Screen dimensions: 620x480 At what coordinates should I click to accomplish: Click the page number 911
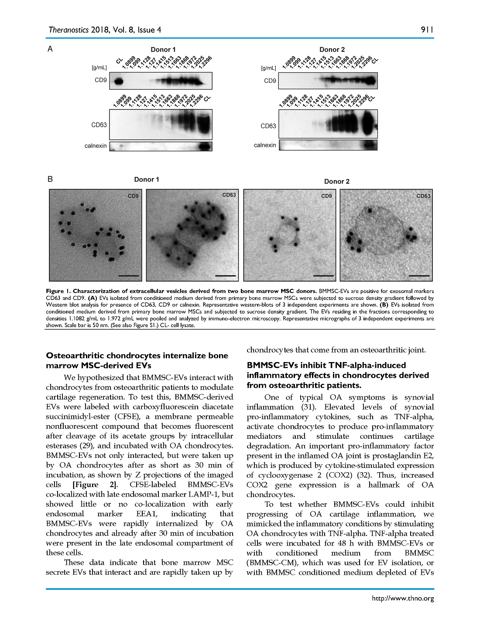coord(427,30)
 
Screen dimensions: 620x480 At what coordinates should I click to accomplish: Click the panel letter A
coord(50,49)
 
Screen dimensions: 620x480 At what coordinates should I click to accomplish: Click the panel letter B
coord(50,179)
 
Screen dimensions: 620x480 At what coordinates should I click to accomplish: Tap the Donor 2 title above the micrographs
coord(336,181)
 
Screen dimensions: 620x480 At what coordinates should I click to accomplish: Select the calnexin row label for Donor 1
coord(96,146)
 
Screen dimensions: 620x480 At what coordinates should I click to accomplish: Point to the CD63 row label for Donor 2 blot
coord(268,126)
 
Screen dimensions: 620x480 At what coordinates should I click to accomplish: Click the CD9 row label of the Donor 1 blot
coord(100,80)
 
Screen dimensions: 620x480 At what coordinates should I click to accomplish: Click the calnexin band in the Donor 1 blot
coord(205,146)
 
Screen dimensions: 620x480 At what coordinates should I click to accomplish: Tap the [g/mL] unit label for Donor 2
coord(268,68)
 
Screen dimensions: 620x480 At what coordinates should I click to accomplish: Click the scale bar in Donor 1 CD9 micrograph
coord(129,275)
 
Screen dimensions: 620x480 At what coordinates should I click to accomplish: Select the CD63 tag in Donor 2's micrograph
coord(423,196)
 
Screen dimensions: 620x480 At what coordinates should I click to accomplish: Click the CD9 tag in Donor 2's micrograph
coord(326,196)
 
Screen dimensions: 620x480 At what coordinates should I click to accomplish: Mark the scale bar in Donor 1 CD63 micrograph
coord(225,275)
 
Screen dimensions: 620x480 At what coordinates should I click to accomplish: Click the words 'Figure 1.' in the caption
coord(58,291)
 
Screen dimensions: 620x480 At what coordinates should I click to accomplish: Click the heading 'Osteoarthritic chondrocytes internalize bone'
coord(137,356)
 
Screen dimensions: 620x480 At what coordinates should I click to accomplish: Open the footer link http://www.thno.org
coord(403,598)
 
